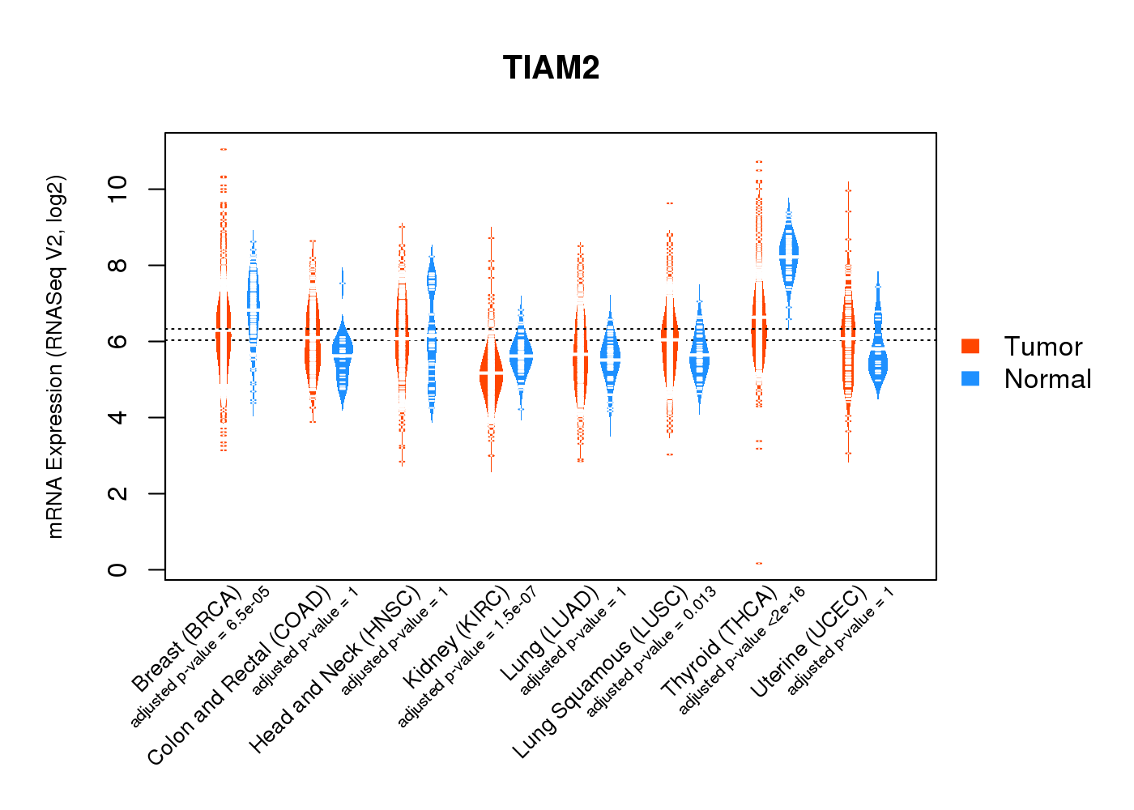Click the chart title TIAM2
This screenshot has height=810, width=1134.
click(551, 68)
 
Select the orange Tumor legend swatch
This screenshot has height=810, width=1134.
click(970, 346)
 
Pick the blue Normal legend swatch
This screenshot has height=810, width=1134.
click(970, 378)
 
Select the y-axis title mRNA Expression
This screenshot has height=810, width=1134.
click(55, 356)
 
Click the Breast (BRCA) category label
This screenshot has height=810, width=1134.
click(187, 639)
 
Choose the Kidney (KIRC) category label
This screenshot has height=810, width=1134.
click(457, 636)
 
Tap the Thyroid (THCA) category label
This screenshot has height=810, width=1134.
click(719, 642)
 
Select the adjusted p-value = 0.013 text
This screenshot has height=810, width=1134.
click(651, 653)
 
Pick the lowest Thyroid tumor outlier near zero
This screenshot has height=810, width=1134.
click(759, 563)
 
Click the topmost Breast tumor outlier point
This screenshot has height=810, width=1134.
click(224, 149)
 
